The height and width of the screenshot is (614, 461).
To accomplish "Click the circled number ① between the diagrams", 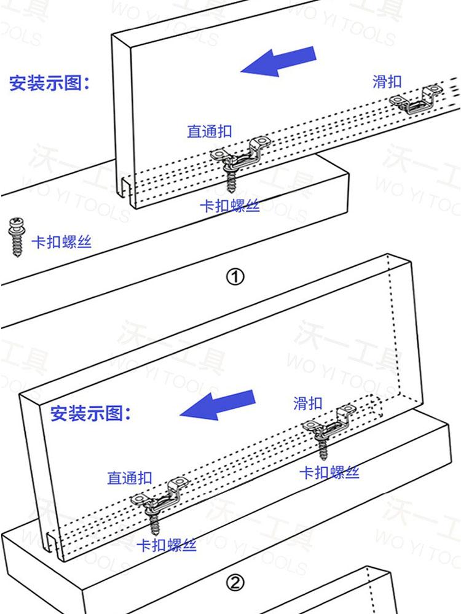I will pyautogui.click(x=236, y=277).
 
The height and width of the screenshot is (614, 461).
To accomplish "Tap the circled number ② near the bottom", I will pyautogui.click(x=236, y=583).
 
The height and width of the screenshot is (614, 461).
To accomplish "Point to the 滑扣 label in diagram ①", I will pyautogui.click(x=387, y=81).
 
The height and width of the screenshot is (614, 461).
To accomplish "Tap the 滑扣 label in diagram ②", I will pyautogui.click(x=308, y=403).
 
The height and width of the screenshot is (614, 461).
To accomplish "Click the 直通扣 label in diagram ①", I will pyautogui.click(x=210, y=131).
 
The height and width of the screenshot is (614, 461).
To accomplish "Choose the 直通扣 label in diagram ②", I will pyautogui.click(x=129, y=478).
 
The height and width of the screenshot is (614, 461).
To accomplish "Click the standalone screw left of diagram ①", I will pyautogui.click(x=17, y=237).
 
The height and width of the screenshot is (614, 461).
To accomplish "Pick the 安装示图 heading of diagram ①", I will pyautogui.click(x=49, y=83).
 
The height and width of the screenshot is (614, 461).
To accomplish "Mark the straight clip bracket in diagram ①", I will pyautogui.click(x=240, y=153).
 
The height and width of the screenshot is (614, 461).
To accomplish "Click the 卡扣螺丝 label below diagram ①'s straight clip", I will pyautogui.click(x=229, y=206).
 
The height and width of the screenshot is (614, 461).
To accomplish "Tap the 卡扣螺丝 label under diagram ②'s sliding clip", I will pyautogui.click(x=329, y=472).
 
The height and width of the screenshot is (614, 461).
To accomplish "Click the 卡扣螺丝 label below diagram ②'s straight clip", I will pyautogui.click(x=166, y=545).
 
